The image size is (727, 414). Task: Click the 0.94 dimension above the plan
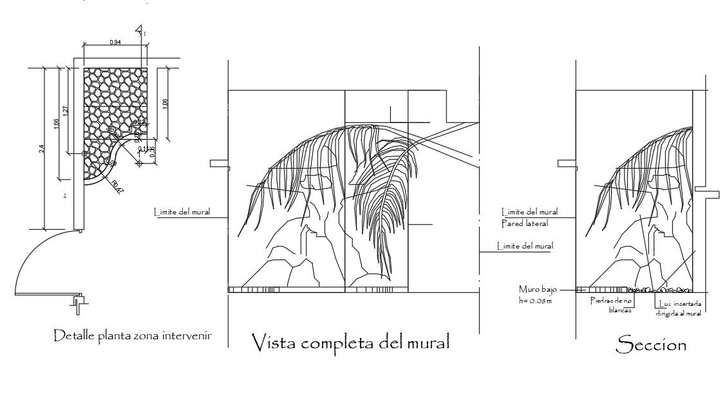click(115, 42)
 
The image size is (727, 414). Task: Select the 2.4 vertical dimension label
click(42, 148)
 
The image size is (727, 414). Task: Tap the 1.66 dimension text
click(57, 123)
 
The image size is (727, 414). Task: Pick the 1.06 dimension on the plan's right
click(165, 103)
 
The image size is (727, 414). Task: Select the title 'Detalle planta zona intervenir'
click(133, 335)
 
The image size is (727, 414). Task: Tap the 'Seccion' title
click(651, 344)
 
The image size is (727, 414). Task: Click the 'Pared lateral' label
click(525, 223)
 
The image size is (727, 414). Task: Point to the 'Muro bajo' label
click(534, 290)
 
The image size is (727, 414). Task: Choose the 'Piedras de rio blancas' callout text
click(610, 305)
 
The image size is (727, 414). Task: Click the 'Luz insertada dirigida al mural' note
click(678, 308)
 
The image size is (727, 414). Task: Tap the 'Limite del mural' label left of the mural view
click(182, 211)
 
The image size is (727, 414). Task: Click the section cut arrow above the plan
click(138, 31)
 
